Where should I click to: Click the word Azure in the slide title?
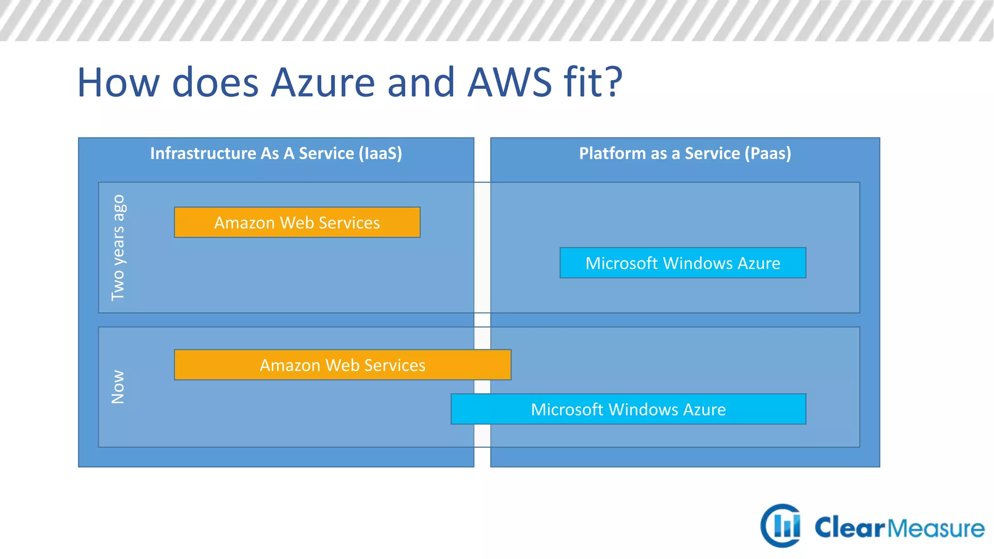(x=323, y=82)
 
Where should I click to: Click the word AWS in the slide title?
(x=510, y=82)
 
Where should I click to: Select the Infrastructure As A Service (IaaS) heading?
(x=276, y=153)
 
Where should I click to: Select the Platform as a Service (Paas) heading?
(x=685, y=153)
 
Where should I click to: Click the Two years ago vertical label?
(x=118, y=247)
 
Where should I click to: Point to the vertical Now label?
(x=118, y=387)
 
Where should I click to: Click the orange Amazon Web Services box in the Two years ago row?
(x=297, y=222)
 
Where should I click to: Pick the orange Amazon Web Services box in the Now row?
(x=342, y=365)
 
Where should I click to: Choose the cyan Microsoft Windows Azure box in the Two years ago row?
(x=682, y=263)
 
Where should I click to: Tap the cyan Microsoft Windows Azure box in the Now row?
(x=628, y=409)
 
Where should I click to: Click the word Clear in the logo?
(x=849, y=527)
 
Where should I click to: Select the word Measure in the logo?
(x=936, y=528)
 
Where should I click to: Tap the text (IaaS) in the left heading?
(x=380, y=153)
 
